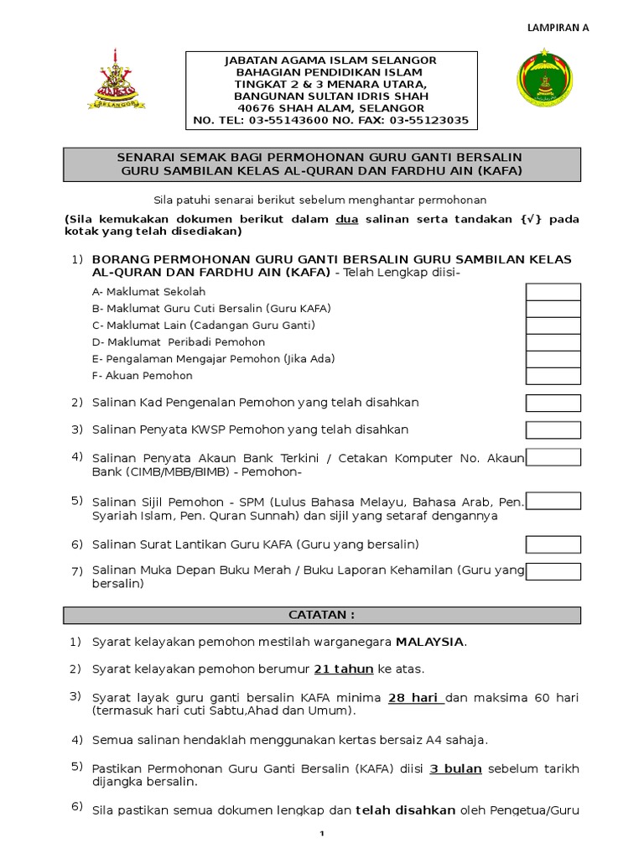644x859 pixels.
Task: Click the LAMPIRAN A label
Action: click(557, 27)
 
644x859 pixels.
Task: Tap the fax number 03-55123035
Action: click(430, 120)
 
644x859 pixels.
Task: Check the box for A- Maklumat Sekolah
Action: click(553, 292)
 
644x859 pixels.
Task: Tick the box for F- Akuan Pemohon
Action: click(553, 376)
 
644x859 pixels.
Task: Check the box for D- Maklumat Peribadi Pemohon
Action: click(553, 342)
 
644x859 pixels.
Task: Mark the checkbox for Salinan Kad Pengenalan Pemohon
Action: click(553, 403)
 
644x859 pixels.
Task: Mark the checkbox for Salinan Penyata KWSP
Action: click(553, 430)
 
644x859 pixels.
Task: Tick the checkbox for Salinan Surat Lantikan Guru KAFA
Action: click(553, 544)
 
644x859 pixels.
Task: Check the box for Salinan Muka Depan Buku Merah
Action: click(553, 571)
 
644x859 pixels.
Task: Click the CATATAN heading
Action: click(322, 615)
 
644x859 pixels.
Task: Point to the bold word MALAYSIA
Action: click(430, 642)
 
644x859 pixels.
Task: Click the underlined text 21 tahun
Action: click(344, 669)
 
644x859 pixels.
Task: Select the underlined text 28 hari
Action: click(416, 698)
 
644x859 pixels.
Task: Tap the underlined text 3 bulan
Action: click(455, 768)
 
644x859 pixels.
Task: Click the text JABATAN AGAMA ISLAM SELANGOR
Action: click(330, 61)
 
